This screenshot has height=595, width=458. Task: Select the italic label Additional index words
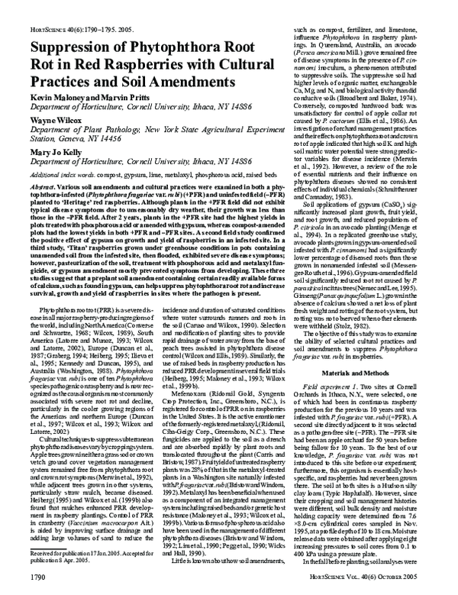click(x=46, y=153)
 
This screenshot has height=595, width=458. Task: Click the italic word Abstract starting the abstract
click(x=29, y=166)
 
